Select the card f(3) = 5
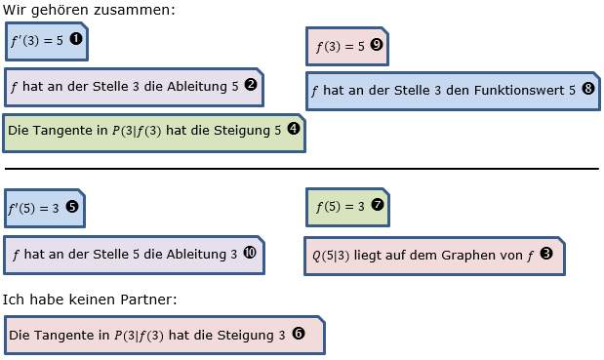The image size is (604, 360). pos(351,45)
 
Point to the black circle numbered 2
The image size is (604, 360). pos(251,85)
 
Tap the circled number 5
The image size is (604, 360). pos(72,206)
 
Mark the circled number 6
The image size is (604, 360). pos(299,333)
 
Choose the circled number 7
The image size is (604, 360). pos(378,205)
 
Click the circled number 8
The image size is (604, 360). pos(587,88)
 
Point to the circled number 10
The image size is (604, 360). pos(250,253)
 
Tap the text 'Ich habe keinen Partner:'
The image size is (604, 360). pos(90,299)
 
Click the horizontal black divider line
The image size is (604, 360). pos(302,169)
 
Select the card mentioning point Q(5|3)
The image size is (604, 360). pos(434,256)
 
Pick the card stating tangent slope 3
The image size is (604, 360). pos(163,335)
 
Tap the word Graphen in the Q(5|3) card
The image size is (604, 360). pos(480,256)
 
